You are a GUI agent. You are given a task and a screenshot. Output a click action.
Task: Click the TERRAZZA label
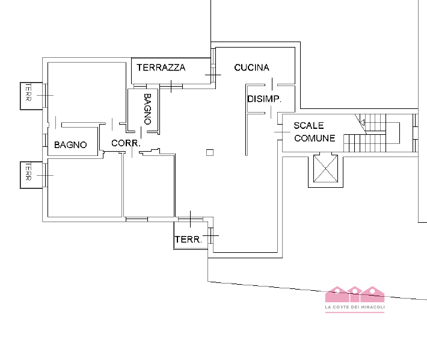point(161,67)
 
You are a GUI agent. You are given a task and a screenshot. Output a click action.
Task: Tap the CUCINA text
point(251,67)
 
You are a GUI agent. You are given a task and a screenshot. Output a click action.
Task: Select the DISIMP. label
point(264,99)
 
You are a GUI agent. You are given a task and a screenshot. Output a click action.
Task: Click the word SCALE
point(309,126)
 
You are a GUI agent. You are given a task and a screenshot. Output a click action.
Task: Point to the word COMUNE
point(315,138)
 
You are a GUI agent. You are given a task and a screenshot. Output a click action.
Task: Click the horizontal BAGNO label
point(70,145)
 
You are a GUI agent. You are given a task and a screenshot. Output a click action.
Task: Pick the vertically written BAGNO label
point(147,107)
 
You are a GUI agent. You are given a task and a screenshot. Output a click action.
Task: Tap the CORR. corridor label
point(126,144)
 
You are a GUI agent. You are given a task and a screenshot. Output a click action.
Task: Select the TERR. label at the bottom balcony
point(188,240)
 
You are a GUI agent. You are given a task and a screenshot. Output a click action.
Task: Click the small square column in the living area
point(209,152)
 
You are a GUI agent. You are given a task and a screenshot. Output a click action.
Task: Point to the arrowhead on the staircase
point(361,123)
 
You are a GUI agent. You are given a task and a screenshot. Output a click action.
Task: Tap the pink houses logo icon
point(354,294)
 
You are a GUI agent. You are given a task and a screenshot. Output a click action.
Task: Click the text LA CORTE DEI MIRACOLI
point(354,308)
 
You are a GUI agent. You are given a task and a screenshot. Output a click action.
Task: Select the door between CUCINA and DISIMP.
point(272,84)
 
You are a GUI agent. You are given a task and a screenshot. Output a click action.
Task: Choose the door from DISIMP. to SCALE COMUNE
point(279,131)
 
